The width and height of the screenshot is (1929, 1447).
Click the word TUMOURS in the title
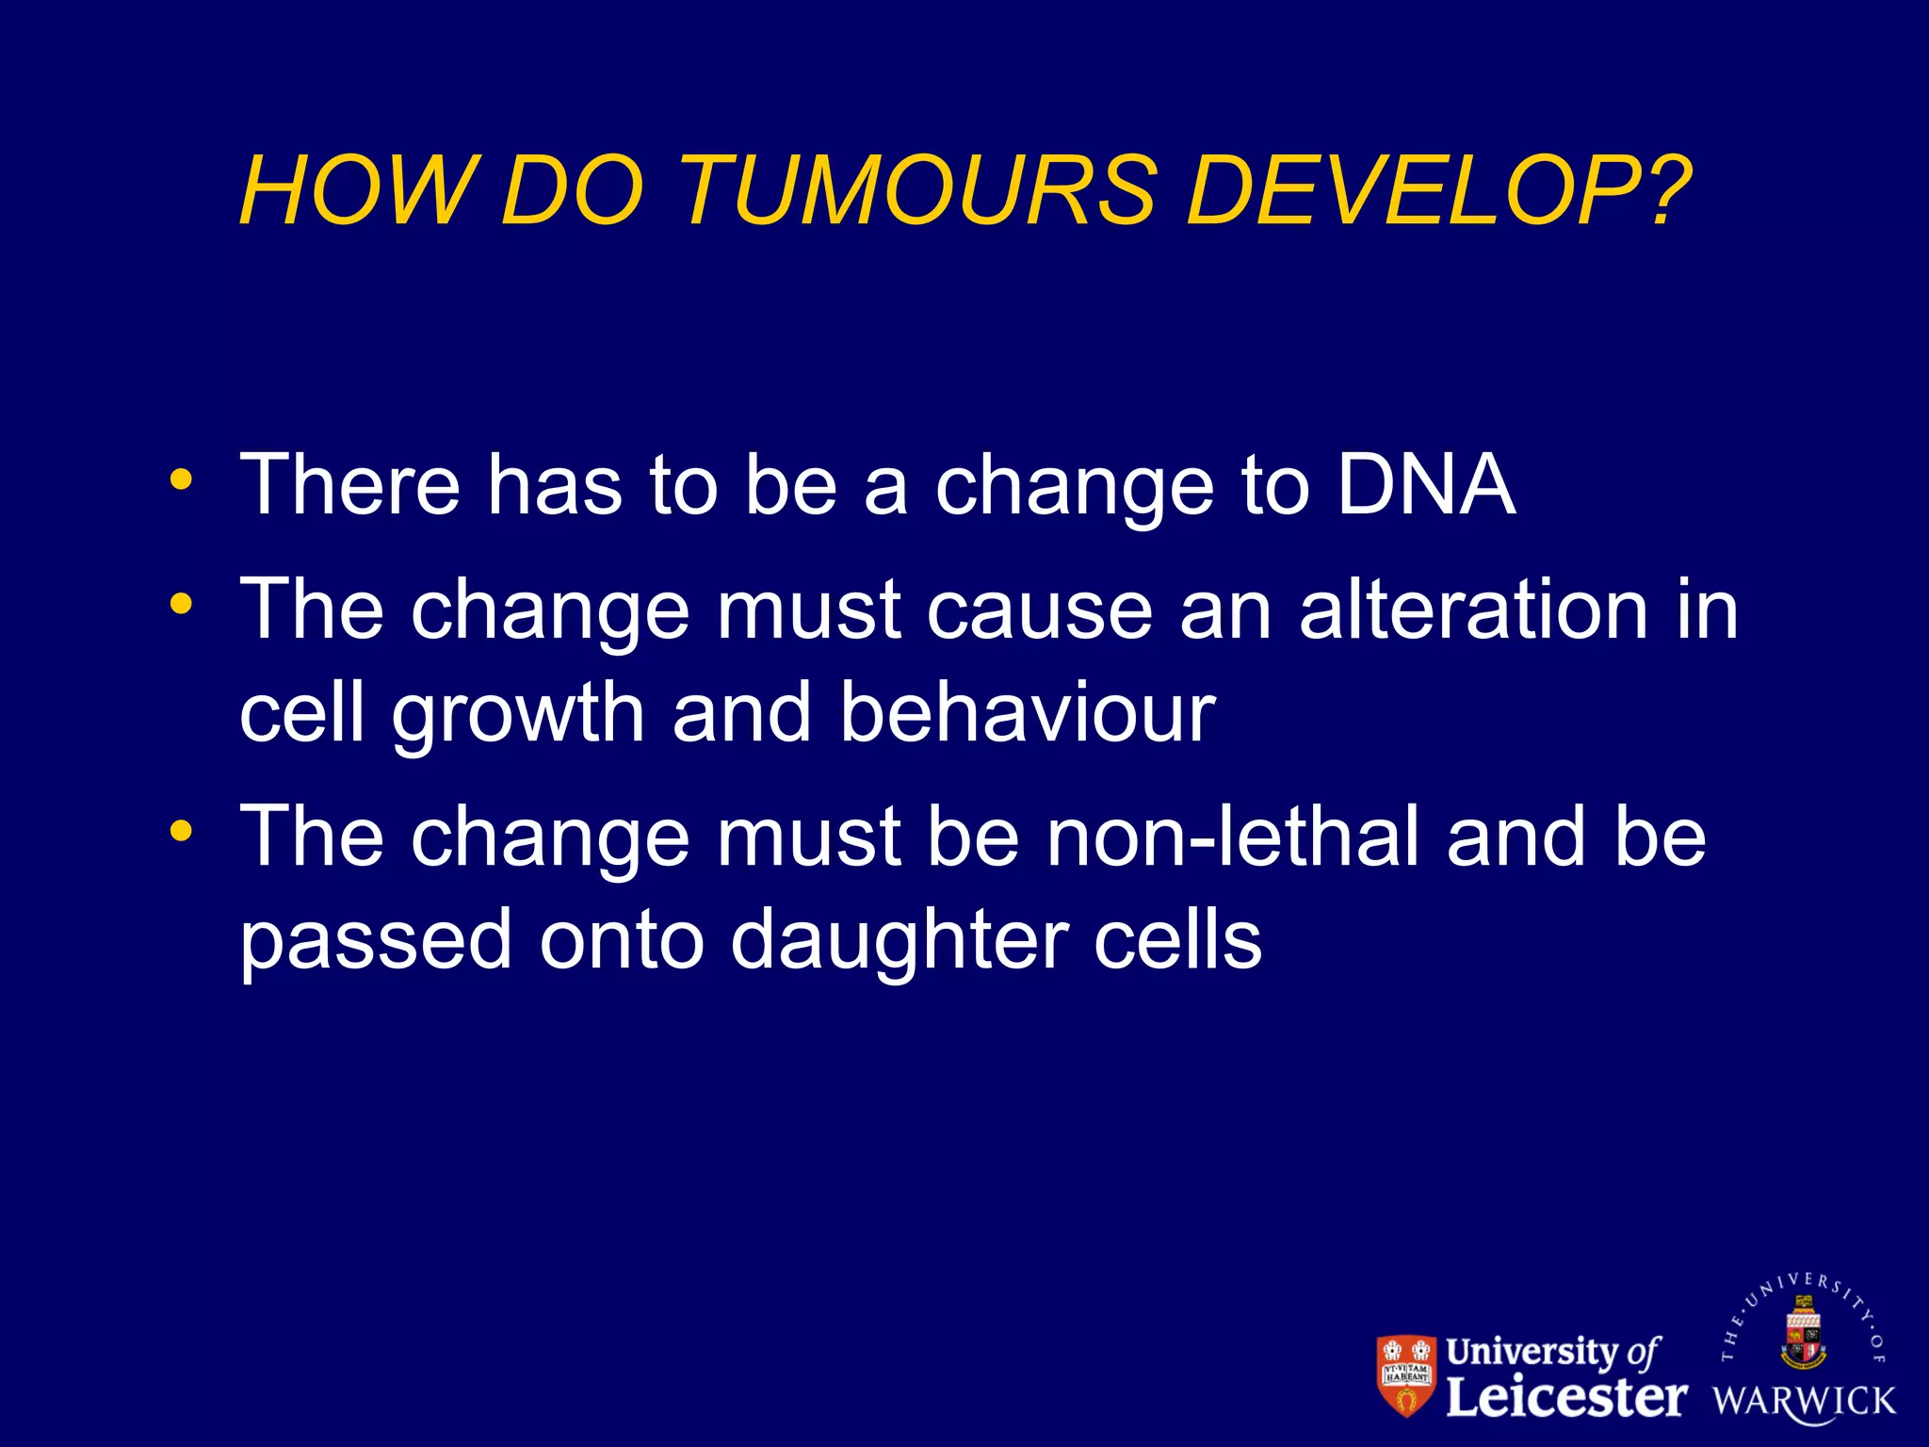[x=916, y=191]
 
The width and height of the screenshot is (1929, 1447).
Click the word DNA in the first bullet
[x=1426, y=485]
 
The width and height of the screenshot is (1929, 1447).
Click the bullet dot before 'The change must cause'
[x=181, y=603]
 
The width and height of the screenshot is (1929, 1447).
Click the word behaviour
[x=1028, y=712]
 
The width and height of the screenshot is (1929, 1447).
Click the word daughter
[x=899, y=940]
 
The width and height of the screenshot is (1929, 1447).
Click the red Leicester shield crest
[x=1406, y=1374]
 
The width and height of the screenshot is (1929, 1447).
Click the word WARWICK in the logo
[x=1804, y=1401]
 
